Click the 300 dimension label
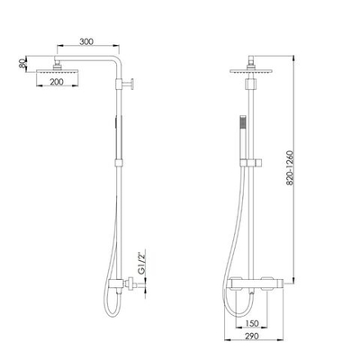point(86,41)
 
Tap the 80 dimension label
point(22,64)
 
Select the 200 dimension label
point(57,82)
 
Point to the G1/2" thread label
point(140,261)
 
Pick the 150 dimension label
point(251,323)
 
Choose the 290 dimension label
point(251,337)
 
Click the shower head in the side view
point(57,72)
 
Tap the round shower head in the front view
point(251,71)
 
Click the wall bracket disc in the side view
point(132,84)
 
